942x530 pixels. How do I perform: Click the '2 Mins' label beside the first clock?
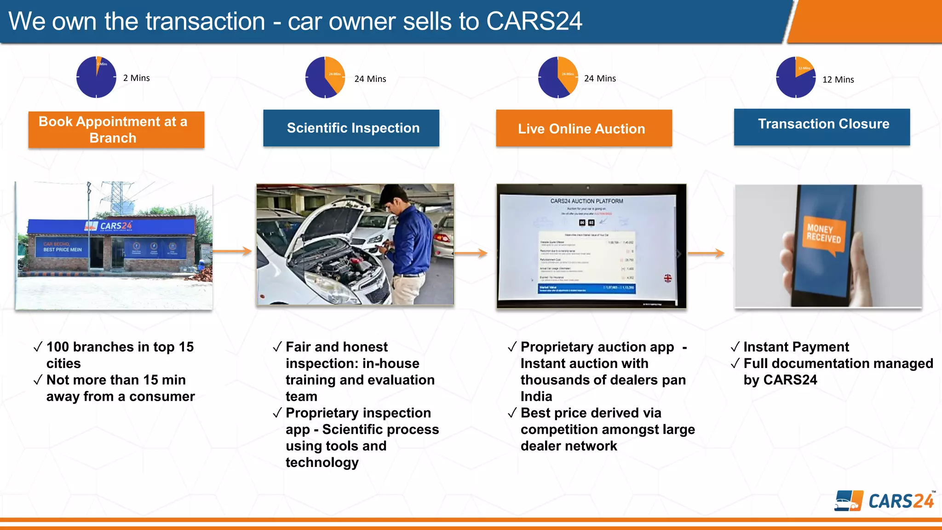(136, 78)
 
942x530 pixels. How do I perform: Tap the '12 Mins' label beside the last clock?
(838, 80)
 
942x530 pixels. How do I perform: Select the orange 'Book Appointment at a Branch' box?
(116, 130)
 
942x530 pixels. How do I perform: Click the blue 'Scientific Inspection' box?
(351, 128)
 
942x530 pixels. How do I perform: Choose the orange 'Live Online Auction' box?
(583, 128)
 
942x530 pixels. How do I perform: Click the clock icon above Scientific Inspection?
(325, 77)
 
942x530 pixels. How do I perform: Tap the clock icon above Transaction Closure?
(795, 77)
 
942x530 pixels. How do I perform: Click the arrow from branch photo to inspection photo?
(232, 251)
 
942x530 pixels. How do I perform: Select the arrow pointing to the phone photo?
(706, 253)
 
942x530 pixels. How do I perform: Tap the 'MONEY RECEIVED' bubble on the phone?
(824, 234)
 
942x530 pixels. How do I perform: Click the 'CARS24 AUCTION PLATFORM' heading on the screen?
(586, 201)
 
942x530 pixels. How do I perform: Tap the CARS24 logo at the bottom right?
(884, 501)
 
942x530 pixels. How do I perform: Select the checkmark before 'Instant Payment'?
(735, 347)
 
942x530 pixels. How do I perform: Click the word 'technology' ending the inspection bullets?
(322, 462)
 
